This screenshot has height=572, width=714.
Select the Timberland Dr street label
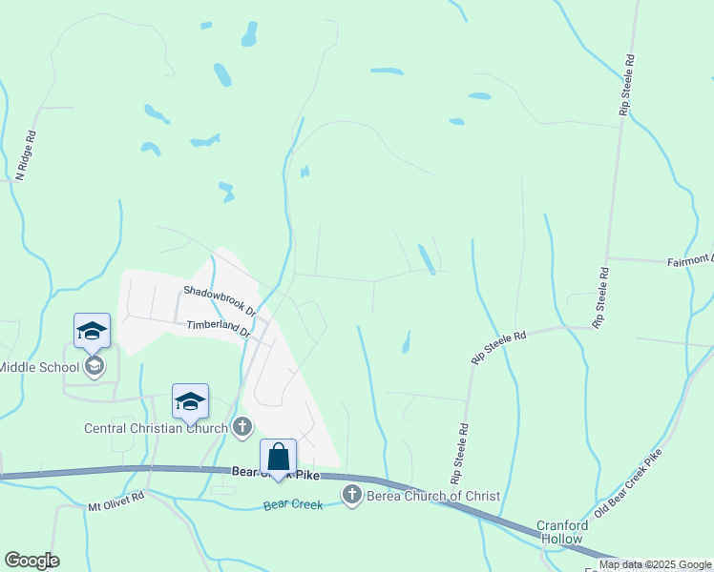click(x=218, y=328)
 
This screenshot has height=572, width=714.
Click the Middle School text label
click(x=39, y=367)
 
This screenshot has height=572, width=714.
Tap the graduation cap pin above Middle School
click(x=92, y=331)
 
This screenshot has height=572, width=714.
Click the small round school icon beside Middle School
click(x=94, y=366)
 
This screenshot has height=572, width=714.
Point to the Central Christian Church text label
click(x=157, y=428)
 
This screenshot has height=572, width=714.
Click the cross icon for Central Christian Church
click(x=243, y=427)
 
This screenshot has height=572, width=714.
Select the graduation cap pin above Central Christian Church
click(x=190, y=401)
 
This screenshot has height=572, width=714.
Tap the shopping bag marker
click(x=278, y=457)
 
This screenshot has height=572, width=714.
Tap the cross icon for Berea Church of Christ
click(x=352, y=494)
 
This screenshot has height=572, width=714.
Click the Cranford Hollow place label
click(x=559, y=531)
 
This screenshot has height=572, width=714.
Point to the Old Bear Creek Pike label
click(x=626, y=484)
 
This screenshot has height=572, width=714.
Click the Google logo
click(x=31, y=561)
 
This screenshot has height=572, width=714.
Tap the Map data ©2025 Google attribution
click(x=656, y=564)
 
